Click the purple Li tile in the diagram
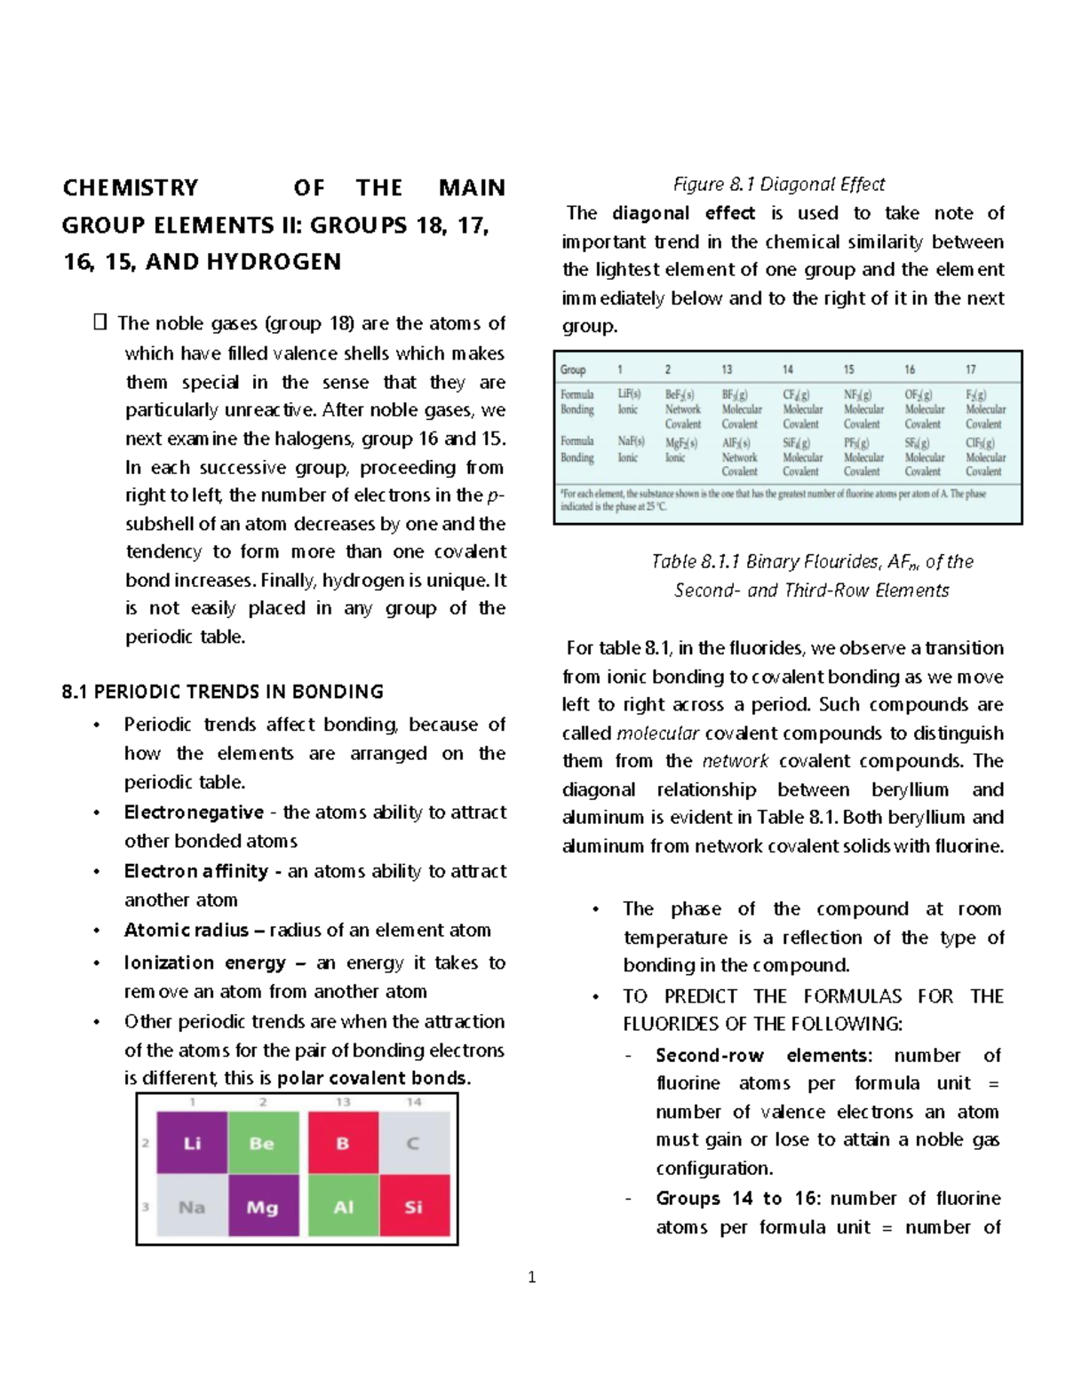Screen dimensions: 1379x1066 click(192, 1143)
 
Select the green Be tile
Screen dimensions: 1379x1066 click(262, 1143)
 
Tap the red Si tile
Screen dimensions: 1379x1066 click(414, 1207)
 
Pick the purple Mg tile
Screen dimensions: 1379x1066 click(262, 1207)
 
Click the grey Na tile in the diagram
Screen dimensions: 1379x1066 click(192, 1207)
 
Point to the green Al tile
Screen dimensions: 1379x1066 click(344, 1207)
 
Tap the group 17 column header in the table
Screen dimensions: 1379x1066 click(971, 369)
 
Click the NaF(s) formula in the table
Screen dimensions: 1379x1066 click(630, 441)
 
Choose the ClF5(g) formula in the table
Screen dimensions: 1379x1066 click(981, 442)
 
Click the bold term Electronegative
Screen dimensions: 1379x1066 click(194, 812)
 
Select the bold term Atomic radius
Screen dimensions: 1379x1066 click(187, 931)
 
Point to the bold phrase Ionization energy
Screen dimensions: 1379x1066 click(205, 963)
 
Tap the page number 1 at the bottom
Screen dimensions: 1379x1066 click(532, 1278)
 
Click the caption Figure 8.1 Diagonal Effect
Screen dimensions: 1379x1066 click(779, 185)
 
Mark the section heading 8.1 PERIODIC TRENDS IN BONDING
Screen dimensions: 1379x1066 click(223, 692)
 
